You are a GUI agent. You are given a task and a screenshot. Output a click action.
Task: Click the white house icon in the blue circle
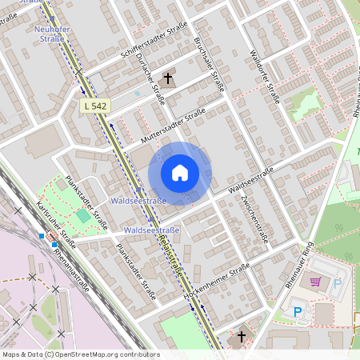(180, 172)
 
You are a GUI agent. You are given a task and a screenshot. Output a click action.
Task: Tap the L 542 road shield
(94, 106)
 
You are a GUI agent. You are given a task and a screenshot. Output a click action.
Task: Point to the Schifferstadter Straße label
(154, 40)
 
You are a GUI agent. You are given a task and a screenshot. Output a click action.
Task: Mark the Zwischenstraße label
(259, 219)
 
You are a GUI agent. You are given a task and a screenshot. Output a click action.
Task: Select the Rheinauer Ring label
(297, 265)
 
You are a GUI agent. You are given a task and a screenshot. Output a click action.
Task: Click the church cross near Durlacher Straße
(168, 78)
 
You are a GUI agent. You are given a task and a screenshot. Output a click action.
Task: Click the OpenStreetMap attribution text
(80, 354)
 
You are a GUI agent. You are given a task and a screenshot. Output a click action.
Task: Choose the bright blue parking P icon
(298, 312)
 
